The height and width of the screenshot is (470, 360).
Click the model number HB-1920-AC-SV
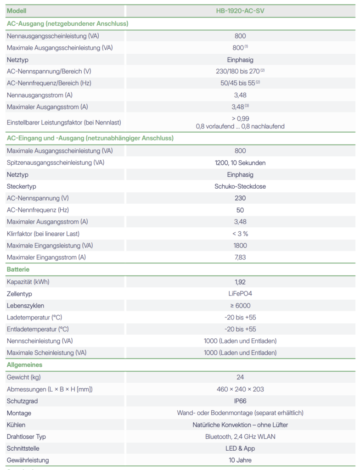tap(240, 11)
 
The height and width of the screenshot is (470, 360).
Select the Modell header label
tap(17, 11)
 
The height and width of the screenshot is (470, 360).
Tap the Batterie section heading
tap(18, 269)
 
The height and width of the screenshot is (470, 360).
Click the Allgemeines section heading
tap(24, 365)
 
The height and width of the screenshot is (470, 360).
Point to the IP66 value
tap(240, 401)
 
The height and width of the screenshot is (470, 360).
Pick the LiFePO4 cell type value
tap(240, 294)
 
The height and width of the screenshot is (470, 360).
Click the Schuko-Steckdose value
tap(240, 186)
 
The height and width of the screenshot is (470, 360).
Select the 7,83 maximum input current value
tap(240, 257)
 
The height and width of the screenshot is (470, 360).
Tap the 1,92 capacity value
tap(240, 282)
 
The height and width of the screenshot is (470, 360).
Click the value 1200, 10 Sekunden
tap(240, 162)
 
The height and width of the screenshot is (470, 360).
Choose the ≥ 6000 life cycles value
tap(240, 306)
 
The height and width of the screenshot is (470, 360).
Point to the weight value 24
tap(240, 377)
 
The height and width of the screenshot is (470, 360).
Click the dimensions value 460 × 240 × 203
tap(240, 389)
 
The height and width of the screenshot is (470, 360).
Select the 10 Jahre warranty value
tap(240, 460)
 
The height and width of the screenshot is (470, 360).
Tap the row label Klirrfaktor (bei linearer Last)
tap(43, 234)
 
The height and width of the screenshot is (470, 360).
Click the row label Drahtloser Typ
tap(26, 436)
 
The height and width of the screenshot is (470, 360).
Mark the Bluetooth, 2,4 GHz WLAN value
tap(240, 436)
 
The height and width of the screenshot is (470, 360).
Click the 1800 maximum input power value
tap(240, 246)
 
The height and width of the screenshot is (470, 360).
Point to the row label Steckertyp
tap(22, 186)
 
